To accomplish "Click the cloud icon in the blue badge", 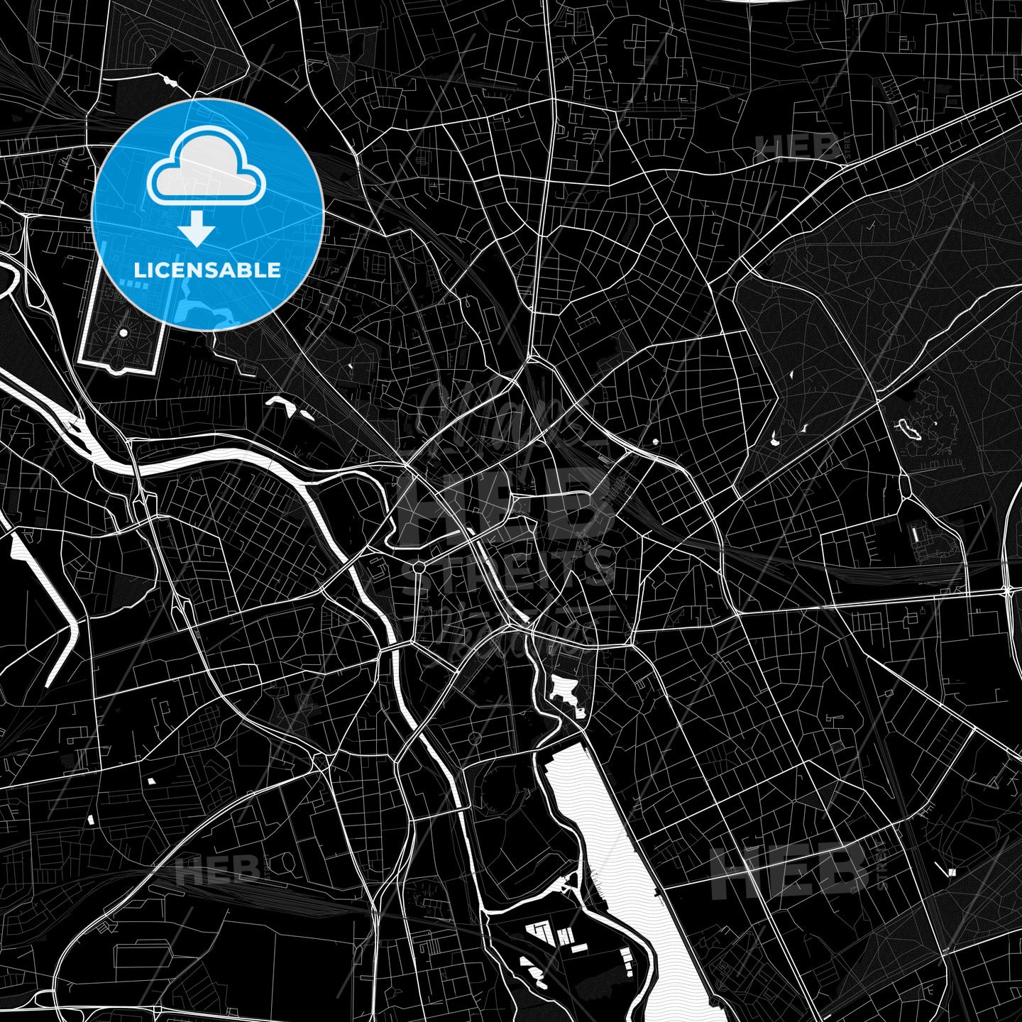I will coord(206,167).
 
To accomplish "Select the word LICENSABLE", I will coord(207,270).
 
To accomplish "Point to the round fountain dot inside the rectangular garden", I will coord(123,332).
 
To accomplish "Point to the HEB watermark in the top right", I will coord(798,148).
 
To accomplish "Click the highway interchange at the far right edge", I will coord(1008,590).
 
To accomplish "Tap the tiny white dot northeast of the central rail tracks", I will coord(654,441).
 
